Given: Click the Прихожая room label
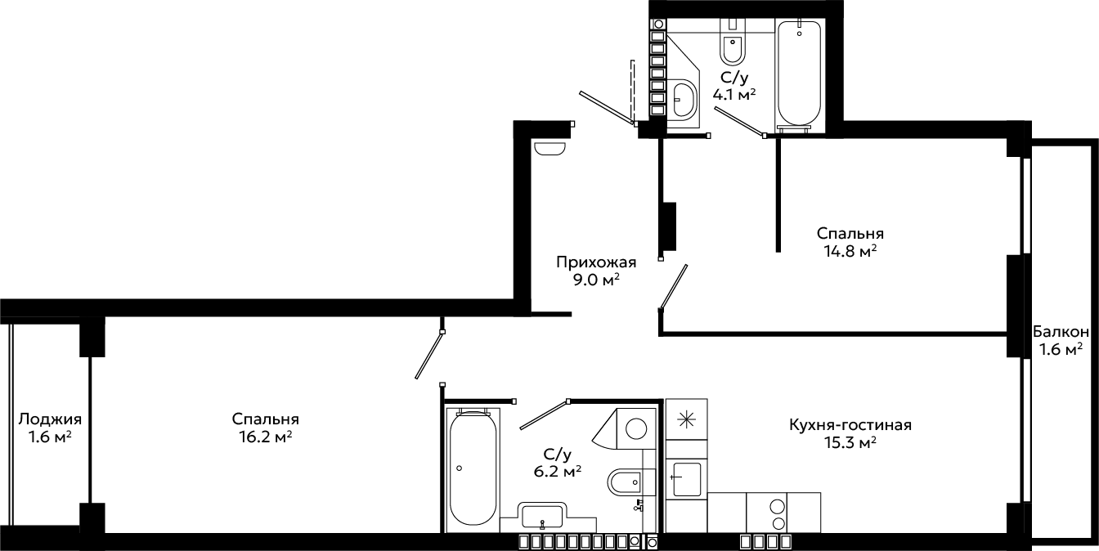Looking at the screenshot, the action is [x=596, y=262].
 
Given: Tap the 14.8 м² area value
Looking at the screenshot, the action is [x=850, y=251].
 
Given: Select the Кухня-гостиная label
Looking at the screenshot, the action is [x=850, y=425].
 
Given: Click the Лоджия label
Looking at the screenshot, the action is [x=50, y=419].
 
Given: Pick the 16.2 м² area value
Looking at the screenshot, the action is [x=266, y=437].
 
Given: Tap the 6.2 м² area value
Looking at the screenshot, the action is [x=558, y=472].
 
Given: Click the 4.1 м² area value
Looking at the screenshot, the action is [x=733, y=94].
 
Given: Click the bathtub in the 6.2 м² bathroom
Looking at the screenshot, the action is [x=473, y=468].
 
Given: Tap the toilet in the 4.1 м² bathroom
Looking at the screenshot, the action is [x=733, y=42].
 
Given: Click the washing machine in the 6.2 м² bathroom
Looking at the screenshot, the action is [x=636, y=429].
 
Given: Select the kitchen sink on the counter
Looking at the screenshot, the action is [x=687, y=479].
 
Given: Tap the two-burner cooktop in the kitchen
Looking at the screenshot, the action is [x=778, y=513].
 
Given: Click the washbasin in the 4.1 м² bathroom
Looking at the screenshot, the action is [x=683, y=101].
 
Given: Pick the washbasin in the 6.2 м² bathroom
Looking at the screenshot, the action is [x=541, y=517].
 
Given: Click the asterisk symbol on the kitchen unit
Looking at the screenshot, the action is [x=686, y=420].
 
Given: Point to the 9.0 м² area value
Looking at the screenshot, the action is [x=596, y=280].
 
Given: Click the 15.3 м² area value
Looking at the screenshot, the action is [x=850, y=443].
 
